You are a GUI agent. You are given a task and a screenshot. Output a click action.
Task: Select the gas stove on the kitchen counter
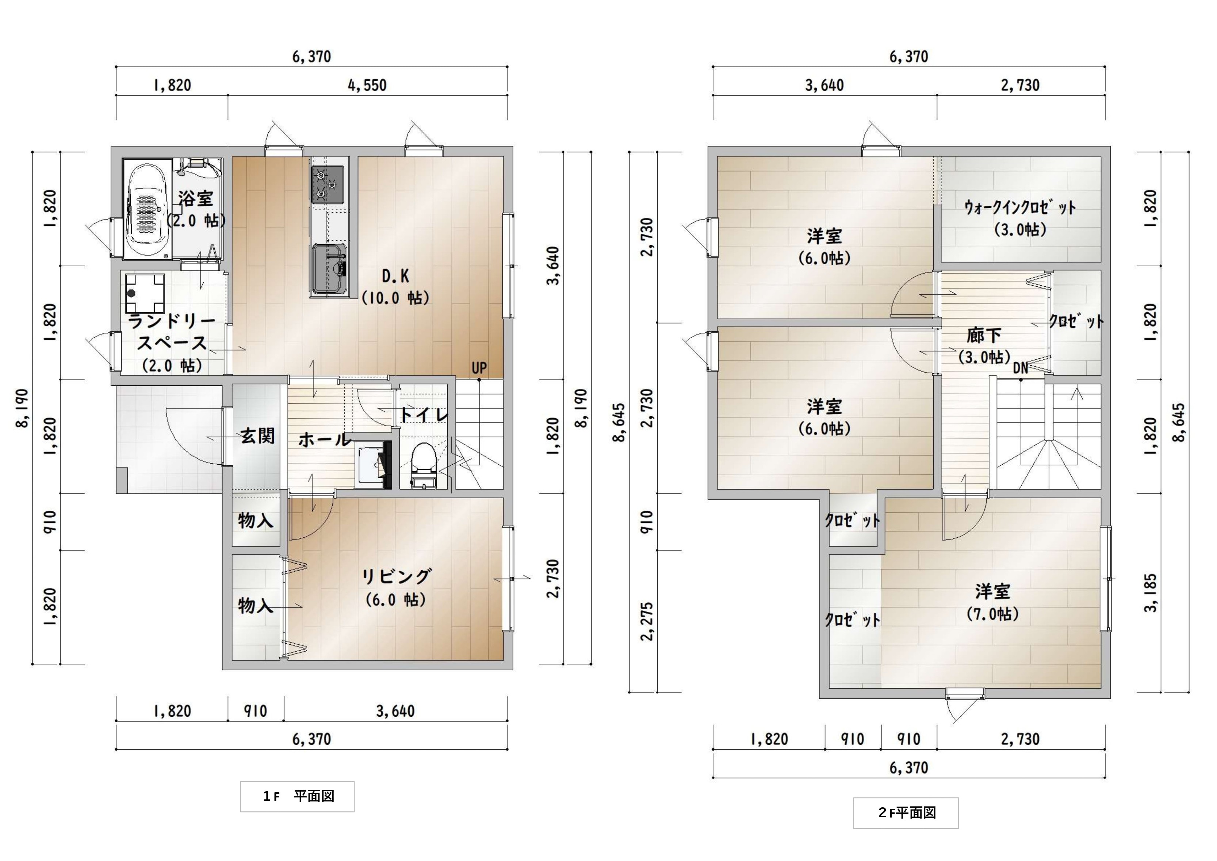[328, 184]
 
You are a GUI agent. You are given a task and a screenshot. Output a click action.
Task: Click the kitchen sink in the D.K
[329, 268]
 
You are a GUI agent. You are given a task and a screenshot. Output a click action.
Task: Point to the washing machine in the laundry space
[143, 293]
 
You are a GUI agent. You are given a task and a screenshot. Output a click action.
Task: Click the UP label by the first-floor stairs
[479, 368]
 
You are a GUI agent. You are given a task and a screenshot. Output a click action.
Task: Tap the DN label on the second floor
[1020, 368]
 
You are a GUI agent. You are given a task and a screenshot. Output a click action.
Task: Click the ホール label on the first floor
[324, 439]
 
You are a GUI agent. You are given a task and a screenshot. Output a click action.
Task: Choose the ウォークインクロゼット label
[1020, 207]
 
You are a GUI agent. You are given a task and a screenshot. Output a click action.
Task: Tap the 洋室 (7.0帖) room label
[993, 602]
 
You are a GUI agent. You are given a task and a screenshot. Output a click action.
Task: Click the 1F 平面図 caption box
[297, 796]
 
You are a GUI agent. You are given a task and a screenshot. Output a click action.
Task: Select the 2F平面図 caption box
[906, 813]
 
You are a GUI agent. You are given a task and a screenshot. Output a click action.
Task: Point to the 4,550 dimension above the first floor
[367, 85]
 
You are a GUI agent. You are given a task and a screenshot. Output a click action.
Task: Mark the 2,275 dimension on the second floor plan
[647, 621]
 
